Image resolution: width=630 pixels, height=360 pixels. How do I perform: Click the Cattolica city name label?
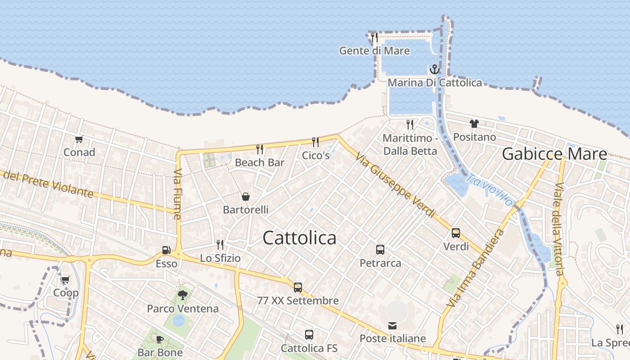[299, 238]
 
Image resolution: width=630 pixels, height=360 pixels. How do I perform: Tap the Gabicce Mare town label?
[554, 154]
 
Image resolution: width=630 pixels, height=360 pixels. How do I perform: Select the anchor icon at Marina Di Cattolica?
[434, 69]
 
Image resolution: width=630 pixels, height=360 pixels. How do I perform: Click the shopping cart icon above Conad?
[79, 139]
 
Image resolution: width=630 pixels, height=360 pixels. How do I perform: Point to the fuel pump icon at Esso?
[166, 250]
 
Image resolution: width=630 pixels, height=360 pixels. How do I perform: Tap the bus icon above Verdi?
[456, 233]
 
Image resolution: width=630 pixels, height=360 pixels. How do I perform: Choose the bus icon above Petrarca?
[380, 249]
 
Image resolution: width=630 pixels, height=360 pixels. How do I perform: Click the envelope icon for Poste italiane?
[392, 325]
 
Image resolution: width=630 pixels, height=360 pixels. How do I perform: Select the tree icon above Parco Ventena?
[182, 295]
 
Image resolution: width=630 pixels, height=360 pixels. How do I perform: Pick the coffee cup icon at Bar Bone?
[160, 339]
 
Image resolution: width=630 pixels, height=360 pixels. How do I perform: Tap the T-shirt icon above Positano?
[474, 123]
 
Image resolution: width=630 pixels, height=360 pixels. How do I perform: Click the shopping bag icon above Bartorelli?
[246, 197]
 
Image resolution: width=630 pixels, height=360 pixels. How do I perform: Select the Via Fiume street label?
[177, 194]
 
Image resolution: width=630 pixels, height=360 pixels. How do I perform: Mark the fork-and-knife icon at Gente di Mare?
[374, 37]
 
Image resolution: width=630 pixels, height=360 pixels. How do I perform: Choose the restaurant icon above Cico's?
[315, 142]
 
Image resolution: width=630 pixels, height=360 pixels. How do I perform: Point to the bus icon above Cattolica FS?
[309, 334]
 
